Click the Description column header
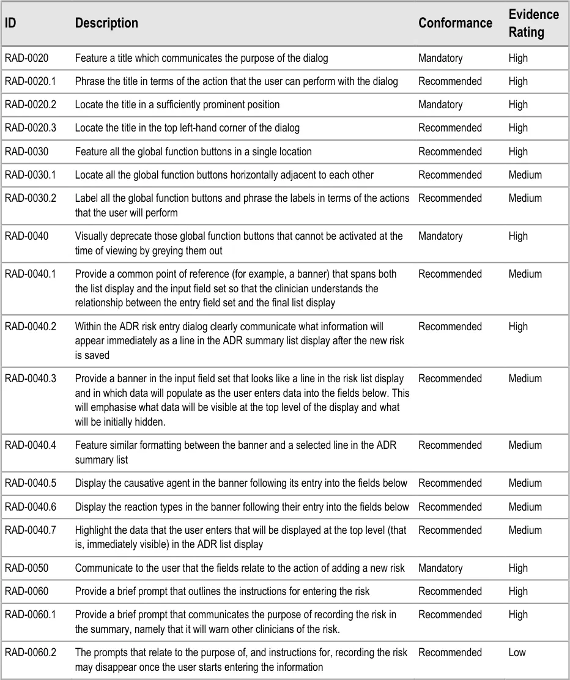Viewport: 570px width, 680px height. pyautogui.click(x=106, y=23)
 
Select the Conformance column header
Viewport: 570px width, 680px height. pyautogui.click(x=455, y=23)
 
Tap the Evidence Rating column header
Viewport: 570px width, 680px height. pyautogui.click(x=533, y=23)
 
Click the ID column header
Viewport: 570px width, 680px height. pyautogui.click(x=10, y=23)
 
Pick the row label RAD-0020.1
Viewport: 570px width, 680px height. pyautogui.click(x=30, y=81)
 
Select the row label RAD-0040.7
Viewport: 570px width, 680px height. pyautogui.click(x=30, y=530)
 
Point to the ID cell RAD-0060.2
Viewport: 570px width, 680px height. pyautogui.click(x=30, y=652)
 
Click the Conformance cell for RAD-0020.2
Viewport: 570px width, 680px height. pyautogui.click(x=440, y=105)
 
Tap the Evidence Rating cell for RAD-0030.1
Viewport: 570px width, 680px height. pyautogui.click(x=525, y=175)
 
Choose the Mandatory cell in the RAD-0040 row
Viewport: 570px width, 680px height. pyautogui.click(x=440, y=236)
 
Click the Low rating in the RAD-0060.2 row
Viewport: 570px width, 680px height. pyautogui.click(x=517, y=652)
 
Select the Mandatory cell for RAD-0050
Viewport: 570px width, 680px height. pyautogui.click(x=440, y=568)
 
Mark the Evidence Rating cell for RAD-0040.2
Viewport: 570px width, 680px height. pyautogui.click(x=517, y=327)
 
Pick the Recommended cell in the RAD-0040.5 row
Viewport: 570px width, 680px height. pyautogui.click(x=450, y=483)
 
